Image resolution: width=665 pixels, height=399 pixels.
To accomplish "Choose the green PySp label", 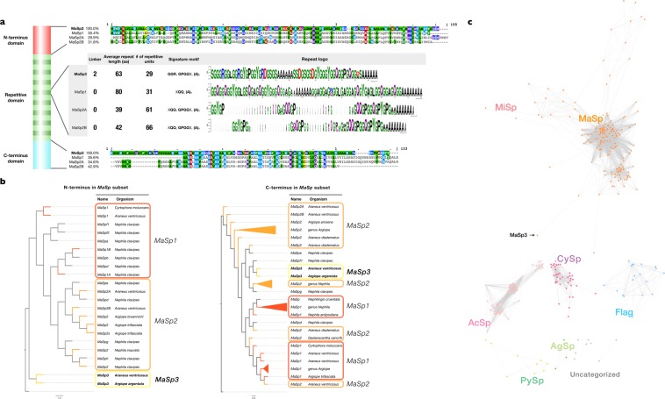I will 508,381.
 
